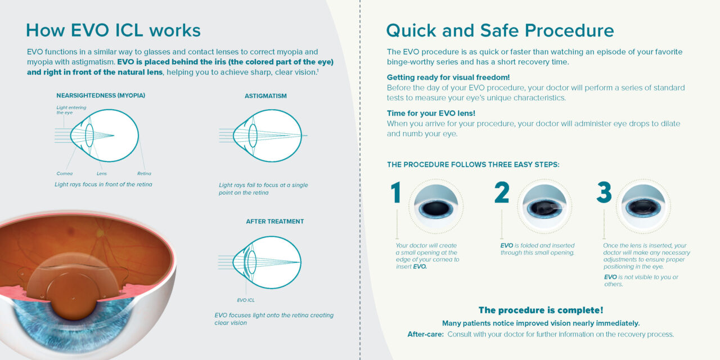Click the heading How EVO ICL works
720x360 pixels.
click(113, 30)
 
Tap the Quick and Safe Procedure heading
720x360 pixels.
click(499, 30)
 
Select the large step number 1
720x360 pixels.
click(396, 192)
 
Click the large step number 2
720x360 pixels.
click(501, 192)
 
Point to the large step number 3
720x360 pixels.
click(604, 192)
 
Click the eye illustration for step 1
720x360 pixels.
click(436, 206)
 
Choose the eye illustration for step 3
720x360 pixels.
click(643, 206)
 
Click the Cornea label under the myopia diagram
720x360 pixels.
click(65, 174)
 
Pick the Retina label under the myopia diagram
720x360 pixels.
click(144, 174)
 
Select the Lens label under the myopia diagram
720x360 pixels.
click(102, 174)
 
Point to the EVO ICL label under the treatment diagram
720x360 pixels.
click(246, 300)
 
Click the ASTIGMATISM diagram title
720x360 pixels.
click(265, 96)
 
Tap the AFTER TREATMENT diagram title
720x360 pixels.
click(274, 222)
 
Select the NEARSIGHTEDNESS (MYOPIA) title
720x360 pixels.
click(101, 96)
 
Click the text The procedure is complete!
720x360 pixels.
click(541, 310)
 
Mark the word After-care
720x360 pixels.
click(425, 334)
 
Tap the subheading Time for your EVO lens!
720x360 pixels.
click(431, 113)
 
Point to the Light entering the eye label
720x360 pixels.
click(69, 110)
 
